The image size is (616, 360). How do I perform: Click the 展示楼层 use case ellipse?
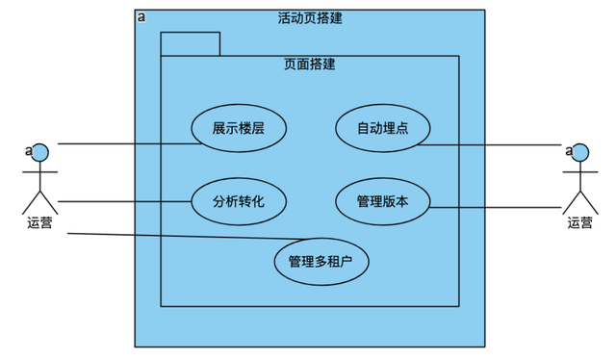[239, 128]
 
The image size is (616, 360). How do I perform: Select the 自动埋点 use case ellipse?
[383, 128]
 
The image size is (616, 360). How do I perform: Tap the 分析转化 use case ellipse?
[239, 201]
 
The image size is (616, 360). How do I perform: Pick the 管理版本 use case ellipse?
[383, 201]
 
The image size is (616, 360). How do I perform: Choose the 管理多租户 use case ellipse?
[321, 260]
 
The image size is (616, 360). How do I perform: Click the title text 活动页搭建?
[310, 18]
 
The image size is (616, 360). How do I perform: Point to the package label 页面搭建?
[310, 65]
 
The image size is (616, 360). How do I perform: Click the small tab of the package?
[191, 44]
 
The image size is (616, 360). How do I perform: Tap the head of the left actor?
[39, 151]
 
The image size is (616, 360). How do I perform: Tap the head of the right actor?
[579, 151]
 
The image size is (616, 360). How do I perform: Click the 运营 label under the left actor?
[40, 223]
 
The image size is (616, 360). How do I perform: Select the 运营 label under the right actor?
[580, 223]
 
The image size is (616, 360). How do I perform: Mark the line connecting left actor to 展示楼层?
[125, 143]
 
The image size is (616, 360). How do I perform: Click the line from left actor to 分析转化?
[125, 201]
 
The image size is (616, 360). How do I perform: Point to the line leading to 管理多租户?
[183, 237]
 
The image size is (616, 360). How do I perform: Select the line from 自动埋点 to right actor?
[491, 145]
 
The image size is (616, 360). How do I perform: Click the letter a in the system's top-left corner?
[141, 17]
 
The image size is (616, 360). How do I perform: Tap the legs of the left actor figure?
[40, 200]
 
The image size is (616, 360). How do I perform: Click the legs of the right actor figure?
[579, 200]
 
